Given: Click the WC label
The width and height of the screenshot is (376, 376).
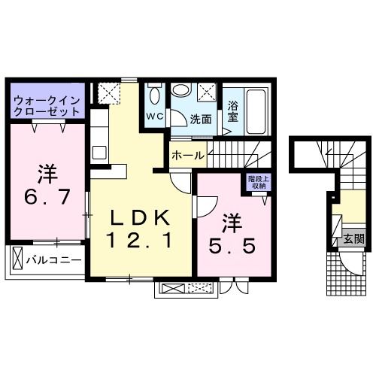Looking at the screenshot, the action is [x=155, y=116].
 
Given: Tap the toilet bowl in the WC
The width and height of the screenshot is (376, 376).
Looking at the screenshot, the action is [x=155, y=96].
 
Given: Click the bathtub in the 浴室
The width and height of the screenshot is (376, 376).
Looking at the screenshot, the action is [x=256, y=111].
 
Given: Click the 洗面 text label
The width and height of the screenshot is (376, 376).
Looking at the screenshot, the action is [x=201, y=120].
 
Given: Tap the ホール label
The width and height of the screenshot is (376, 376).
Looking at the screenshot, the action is [x=188, y=156].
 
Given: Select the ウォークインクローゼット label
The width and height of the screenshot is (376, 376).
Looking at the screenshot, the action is [x=47, y=106].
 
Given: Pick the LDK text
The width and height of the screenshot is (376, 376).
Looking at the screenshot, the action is [x=141, y=218].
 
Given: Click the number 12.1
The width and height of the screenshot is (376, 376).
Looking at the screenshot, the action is [x=141, y=240].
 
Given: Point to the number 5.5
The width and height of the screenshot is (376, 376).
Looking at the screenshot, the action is [x=232, y=246].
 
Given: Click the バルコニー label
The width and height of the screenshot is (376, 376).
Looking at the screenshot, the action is [x=54, y=260].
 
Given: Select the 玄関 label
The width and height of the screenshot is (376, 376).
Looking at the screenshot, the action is [x=353, y=238].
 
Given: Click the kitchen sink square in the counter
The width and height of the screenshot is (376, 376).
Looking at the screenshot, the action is [x=99, y=153].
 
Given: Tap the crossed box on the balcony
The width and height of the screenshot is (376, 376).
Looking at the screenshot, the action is [x=17, y=258].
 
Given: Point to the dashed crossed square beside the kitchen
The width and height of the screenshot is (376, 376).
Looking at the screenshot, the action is [x=109, y=93].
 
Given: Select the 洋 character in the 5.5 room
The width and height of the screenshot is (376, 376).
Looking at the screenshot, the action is [x=232, y=223].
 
